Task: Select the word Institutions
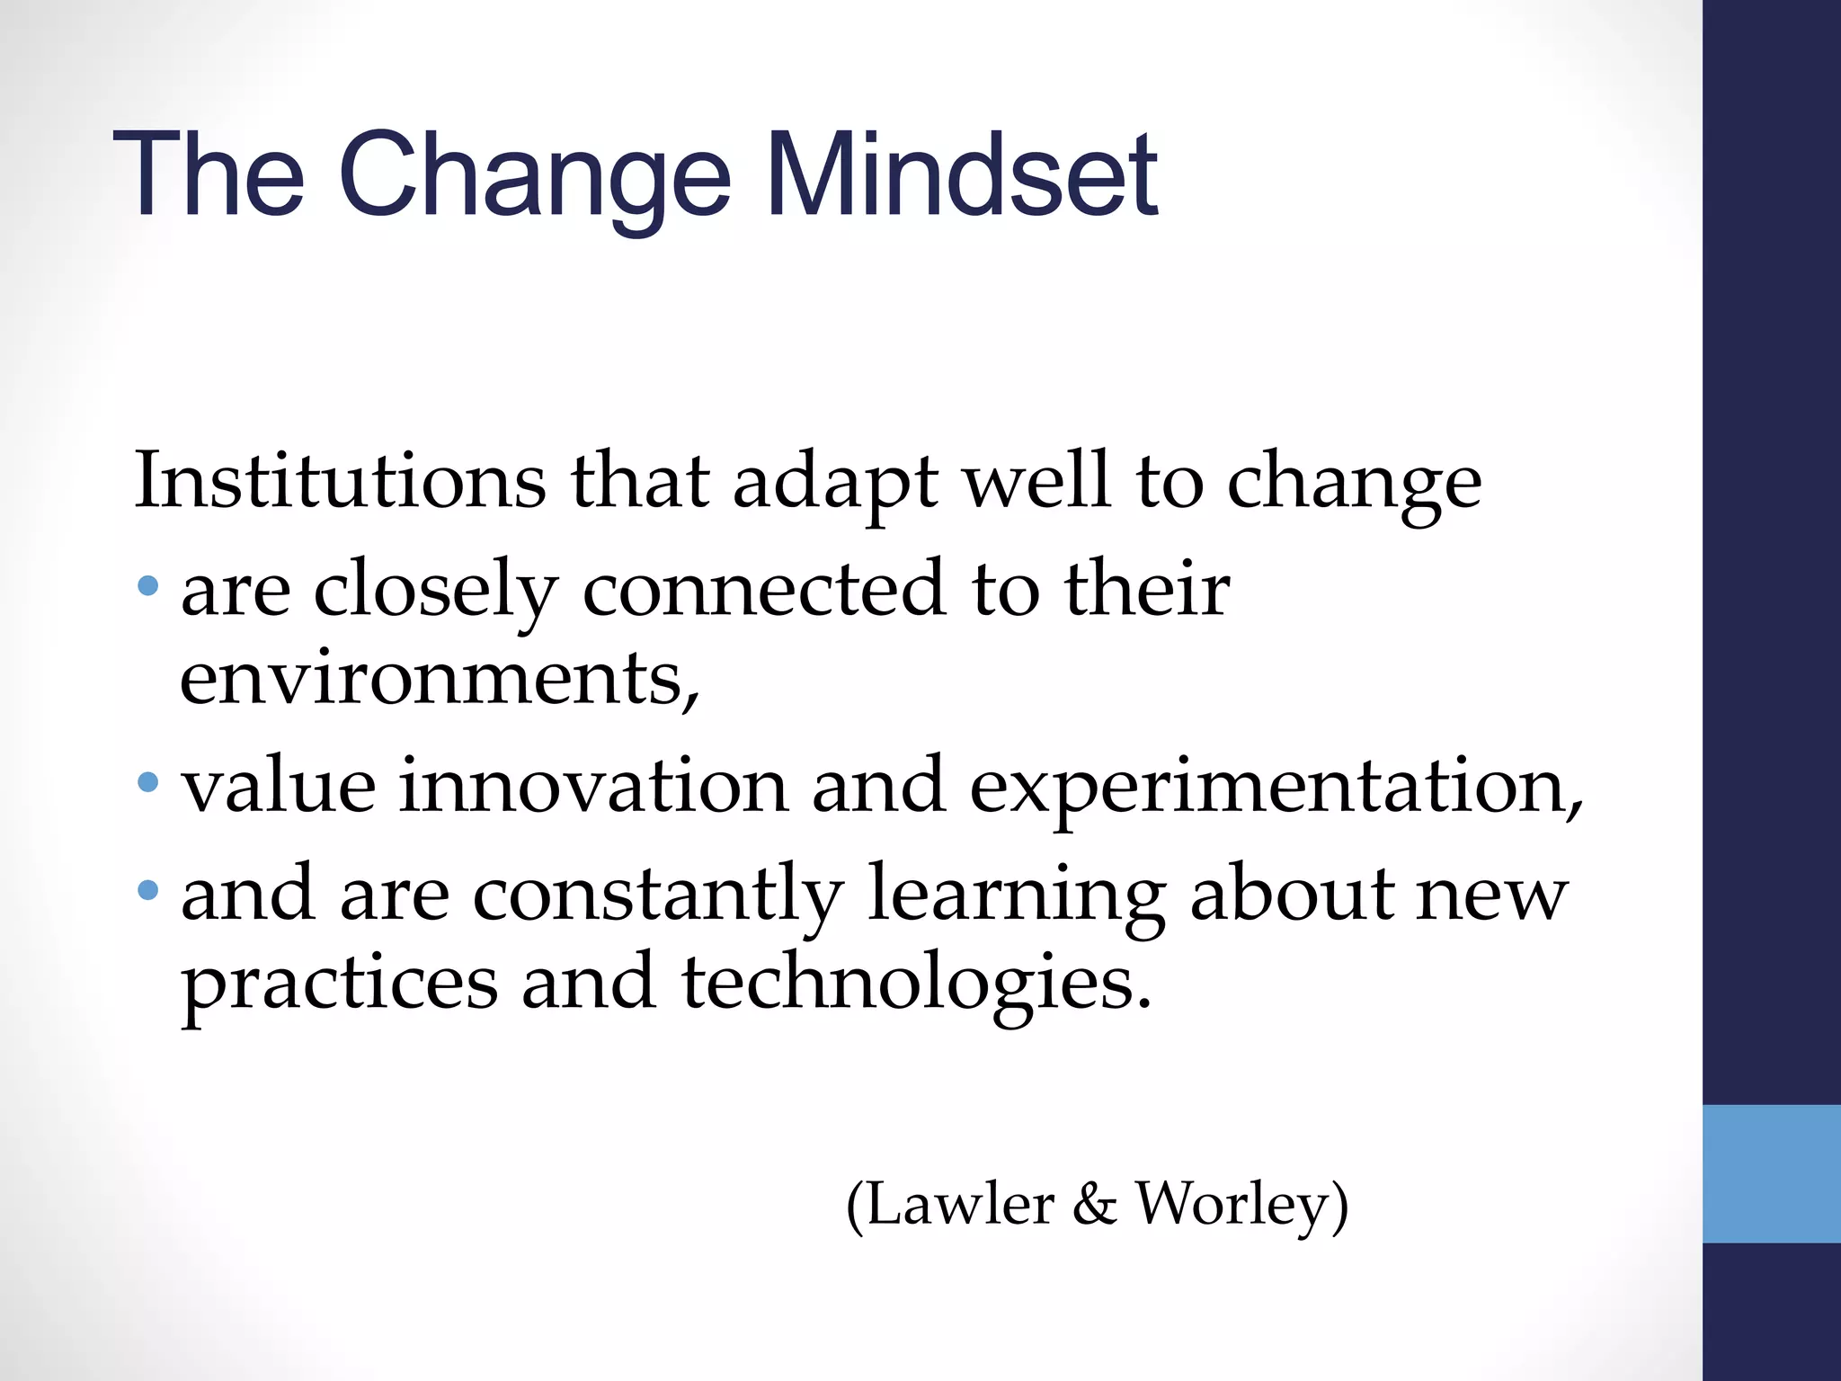pyautogui.click(x=340, y=481)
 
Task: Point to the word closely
pyautogui.click(x=436, y=592)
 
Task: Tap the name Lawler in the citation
pyautogui.click(x=960, y=1205)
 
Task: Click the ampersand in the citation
pyautogui.click(x=1094, y=1205)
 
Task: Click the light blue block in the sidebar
pyautogui.click(x=1772, y=1174)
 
